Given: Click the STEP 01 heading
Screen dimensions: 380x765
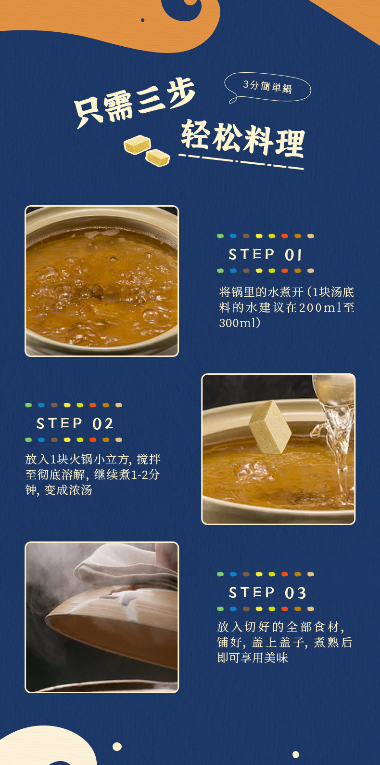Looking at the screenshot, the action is [x=265, y=254].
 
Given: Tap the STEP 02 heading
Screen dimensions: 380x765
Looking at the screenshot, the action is [x=75, y=423].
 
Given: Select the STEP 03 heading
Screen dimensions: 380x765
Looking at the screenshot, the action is [x=267, y=593].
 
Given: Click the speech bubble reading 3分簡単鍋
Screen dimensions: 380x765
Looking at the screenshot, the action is [x=267, y=87].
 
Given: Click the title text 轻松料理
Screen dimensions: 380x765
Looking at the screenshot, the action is [x=242, y=138].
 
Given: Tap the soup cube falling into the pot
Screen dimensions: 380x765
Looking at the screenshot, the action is [x=270, y=426].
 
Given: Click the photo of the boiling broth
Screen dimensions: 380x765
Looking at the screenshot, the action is [x=101, y=281].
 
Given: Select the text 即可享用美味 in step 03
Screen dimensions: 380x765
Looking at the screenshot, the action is [x=253, y=658].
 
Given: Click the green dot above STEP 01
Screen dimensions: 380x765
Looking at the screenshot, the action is [x=220, y=236].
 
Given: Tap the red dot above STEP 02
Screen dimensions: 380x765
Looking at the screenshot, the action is [x=92, y=405].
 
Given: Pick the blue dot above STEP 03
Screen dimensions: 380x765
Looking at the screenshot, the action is [x=233, y=574].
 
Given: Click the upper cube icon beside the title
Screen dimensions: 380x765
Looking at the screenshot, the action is [x=137, y=144].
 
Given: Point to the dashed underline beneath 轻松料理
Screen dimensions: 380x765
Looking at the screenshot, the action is [x=241, y=161].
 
